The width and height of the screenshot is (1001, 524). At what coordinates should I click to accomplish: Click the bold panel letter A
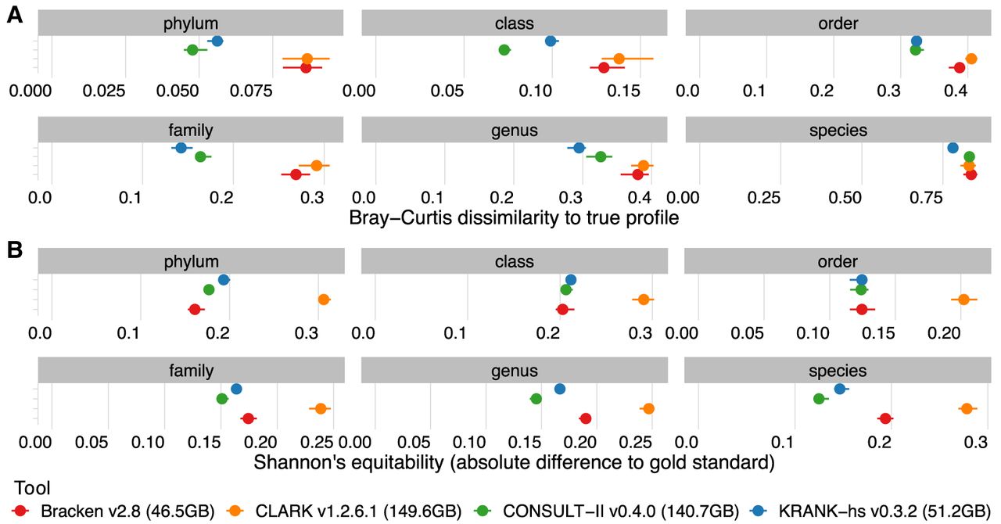(14, 16)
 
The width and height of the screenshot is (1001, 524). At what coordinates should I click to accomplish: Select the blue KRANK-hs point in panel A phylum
(217, 41)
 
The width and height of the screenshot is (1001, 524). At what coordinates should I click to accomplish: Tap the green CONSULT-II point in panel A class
(504, 50)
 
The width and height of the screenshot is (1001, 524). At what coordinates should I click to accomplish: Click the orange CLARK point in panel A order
(971, 59)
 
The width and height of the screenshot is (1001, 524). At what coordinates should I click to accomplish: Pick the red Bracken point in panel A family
(296, 174)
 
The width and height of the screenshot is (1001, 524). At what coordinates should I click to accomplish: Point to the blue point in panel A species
(953, 148)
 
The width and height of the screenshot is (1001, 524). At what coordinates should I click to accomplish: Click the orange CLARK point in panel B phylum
(324, 300)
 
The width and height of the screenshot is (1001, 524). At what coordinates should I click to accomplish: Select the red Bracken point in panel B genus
(585, 418)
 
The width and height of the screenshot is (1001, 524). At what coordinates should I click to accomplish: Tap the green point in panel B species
(819, 399)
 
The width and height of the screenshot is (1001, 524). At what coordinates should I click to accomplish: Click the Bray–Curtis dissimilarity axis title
(514, 218)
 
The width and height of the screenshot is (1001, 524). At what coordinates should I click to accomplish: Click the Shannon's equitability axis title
(514, 462)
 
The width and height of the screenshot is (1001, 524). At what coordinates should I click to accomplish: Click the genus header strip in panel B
(514, 370)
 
